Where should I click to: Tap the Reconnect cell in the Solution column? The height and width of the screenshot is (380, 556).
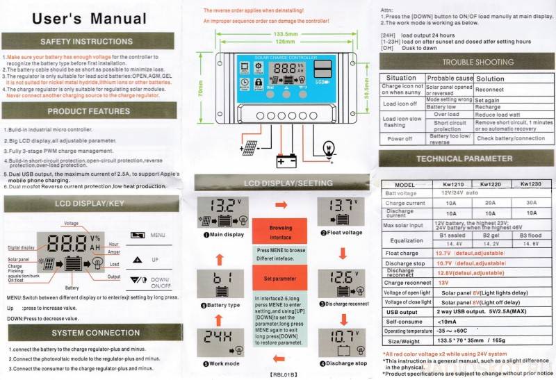click(x=489, y=90)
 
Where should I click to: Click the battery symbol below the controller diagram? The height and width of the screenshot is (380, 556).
click(x=286, y=160)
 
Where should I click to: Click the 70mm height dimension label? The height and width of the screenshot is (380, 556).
click(x=199, y=92)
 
